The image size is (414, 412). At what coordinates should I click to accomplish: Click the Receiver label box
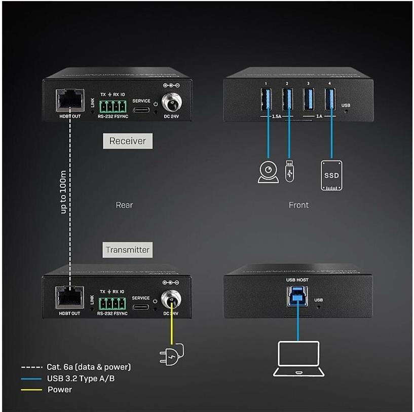tap(128, 141)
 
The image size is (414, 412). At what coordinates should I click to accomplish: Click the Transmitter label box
tap(128, 250)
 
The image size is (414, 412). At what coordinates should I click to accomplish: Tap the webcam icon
tap(268, 172)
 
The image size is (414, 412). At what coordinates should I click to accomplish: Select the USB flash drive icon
tap(289, 171)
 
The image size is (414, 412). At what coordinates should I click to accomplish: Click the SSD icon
tap(331, 175)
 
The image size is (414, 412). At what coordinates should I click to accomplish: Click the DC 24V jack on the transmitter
tap(171, 299)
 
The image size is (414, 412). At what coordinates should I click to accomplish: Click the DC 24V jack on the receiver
tap(171, 103)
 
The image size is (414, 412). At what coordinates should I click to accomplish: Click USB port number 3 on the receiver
tap(308, 99)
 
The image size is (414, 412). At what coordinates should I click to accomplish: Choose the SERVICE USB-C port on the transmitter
tap(141, 307)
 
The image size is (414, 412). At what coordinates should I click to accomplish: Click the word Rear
tap(124, 205)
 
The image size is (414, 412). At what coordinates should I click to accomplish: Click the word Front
tap(298, 205)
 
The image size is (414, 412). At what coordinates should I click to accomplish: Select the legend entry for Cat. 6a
tap(76, 367)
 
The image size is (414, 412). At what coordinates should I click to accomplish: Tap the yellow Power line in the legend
tap(31, 390)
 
